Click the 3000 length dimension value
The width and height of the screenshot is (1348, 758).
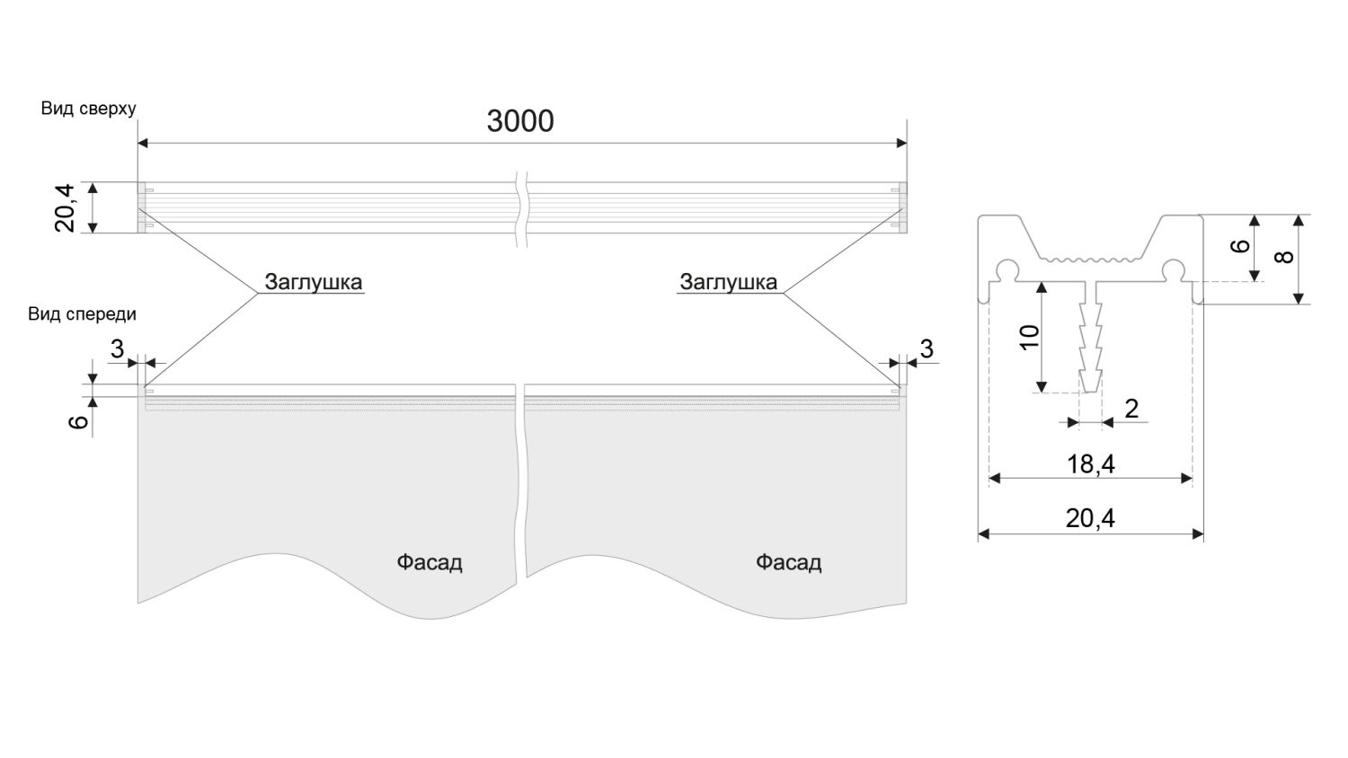[520, 120]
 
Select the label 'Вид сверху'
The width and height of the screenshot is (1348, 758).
[88, 109]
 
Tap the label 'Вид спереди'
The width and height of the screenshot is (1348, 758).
[82, 313]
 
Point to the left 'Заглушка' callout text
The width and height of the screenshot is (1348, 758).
[313, 281]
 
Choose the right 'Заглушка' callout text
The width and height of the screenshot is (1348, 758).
[728, 281]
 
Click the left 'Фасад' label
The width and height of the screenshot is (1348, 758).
[430, 562]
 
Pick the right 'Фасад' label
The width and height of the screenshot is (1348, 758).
[788, 562]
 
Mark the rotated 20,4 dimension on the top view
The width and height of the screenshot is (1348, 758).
[66, 207]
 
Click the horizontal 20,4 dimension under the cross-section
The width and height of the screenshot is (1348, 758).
[1090, 518]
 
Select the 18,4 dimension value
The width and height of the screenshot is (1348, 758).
[1090, 463]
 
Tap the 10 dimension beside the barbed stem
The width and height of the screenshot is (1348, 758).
[1030, 336]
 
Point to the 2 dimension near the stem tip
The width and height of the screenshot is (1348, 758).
[1131, 409]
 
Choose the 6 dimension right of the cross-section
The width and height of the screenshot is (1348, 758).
[1241, 246]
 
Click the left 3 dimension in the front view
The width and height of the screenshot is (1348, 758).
[118, 348]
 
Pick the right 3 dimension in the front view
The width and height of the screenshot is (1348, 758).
[927, 348]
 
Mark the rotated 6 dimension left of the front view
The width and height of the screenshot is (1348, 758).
[79, 419]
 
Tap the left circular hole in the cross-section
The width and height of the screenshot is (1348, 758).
[1007, 269]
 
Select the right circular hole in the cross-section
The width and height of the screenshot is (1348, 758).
[1173, 269]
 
